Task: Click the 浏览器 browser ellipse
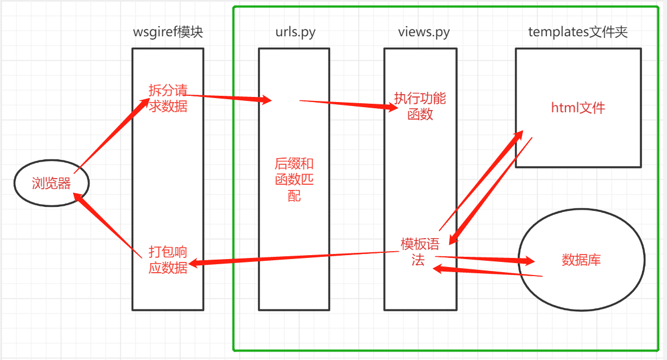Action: click(52, 183)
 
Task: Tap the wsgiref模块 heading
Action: click(167, 32)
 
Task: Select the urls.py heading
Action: click(292, 32)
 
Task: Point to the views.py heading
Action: click(424, 32)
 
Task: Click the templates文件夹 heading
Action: click(577, 32)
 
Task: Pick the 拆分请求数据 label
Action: click(168, 98)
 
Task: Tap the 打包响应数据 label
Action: click(168, 260)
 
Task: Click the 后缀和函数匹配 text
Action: click(294, 180)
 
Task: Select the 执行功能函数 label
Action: click(420, 105)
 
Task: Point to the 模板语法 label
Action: click(420, 252)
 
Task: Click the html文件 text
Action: click(578, 108)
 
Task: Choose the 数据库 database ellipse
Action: click(581, 260)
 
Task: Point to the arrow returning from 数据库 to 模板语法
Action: click(488, 272)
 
